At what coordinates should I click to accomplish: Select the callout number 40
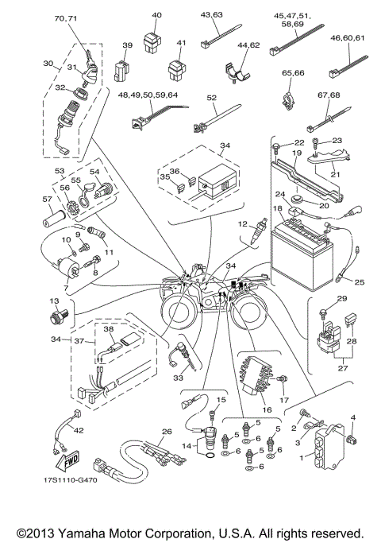[156, 15]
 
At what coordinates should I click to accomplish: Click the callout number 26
[165, 432]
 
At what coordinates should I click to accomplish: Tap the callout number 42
[79, 430]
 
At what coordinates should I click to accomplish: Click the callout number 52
[211, 97]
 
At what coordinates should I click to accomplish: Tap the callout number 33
[178, 379]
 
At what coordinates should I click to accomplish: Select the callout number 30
[47, 63]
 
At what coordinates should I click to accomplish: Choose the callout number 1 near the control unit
[301, 458]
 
